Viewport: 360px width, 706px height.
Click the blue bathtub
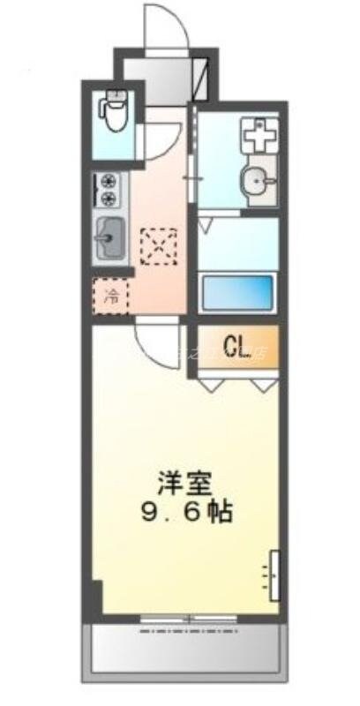(x=237, y=293)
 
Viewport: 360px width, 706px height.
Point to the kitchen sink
(x=110, y=236)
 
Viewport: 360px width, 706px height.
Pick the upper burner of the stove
(x=110, y=181)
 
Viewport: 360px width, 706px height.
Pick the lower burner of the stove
(x=110, y=199)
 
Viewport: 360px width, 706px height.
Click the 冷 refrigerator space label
(x=111, y=297)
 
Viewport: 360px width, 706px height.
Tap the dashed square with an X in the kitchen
(x=159, y=245)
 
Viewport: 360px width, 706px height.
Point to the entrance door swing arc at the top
(x=168, y=25)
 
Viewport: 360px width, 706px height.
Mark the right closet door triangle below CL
(x=262, y=384)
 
